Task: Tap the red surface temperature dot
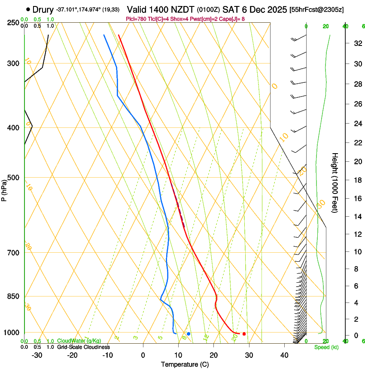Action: coord(244,334)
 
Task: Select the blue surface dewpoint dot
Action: coord(189,334)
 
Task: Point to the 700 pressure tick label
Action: coord(13,253)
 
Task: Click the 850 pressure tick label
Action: coord(13,296)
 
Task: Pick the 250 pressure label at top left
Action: coord(13,22)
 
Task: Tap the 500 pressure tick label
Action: coord(13,178)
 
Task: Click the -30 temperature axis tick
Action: coord(37,355)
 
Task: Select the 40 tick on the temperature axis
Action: coord(284,355)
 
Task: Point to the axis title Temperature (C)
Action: coord(185,364)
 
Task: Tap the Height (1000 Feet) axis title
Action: coord(335,183)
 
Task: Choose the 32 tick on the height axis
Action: coord(356,43)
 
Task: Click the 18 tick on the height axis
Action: coord(356,180)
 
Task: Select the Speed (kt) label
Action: coord(326,347)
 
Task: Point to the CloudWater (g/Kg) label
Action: coord(79,341)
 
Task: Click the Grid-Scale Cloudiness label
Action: coord(83,347)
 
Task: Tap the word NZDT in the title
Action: coord(183,9)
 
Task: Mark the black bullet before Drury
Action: coord(28,9)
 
